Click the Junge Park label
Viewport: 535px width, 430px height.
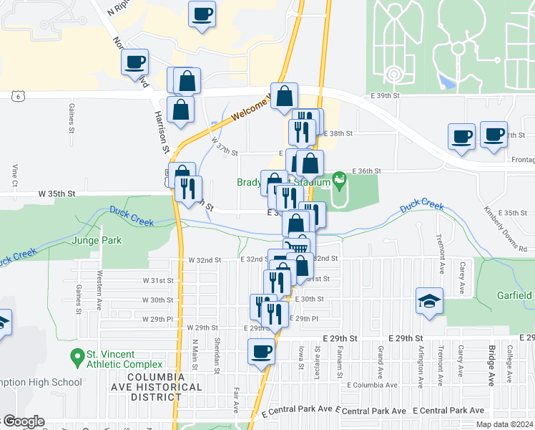point(97,241)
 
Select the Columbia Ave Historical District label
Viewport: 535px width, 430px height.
point(156,387)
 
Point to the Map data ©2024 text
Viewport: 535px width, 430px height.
point(504,424)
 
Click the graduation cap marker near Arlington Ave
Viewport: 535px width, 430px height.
point(430,301)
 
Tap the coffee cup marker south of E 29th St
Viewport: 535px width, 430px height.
point(261,352)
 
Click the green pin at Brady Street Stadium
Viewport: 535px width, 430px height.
point(339,178)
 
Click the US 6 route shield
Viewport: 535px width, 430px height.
point(16,95)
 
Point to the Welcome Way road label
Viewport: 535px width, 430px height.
point(249,108)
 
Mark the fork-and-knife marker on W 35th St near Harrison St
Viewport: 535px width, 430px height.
point(188,189)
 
